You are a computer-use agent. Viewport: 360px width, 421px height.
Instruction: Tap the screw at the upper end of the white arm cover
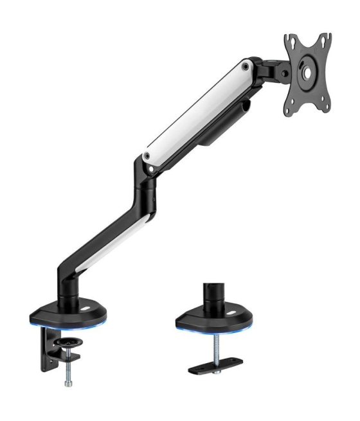(x=246, y=65)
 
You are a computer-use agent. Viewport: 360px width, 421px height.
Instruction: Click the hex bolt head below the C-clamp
(x=67, y=384)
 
